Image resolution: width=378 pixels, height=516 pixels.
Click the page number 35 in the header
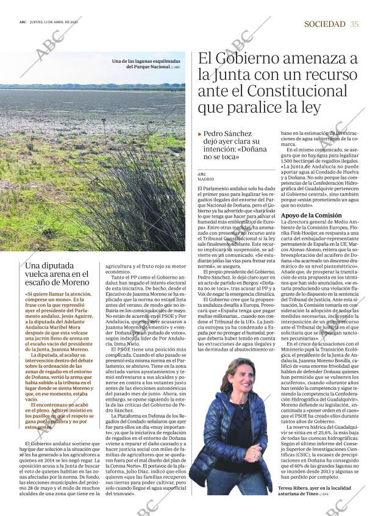(x=355, y=24)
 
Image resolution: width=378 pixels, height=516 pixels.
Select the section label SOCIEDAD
(x=324, y=24)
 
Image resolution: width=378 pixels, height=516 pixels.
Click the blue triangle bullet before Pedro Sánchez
(x=200, y=134)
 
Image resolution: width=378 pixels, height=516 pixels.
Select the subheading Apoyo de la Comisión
(x=311, y=215)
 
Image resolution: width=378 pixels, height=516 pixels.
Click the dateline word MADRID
(x=205, y=180)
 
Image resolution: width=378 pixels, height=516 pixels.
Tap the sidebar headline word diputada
(x=56, y=266)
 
